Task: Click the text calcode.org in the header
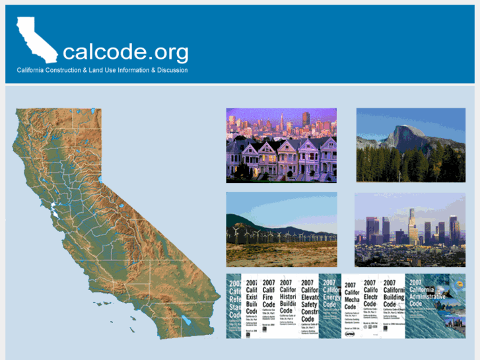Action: click(x=125, y=52)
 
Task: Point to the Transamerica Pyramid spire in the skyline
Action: click(x=280, y=121)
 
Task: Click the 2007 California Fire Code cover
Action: click(x=269, y=306)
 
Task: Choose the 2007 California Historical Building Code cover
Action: click(x=288, y=306)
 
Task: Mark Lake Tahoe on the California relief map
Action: click(x=100, y=178)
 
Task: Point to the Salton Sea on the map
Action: click(x=187, y=322)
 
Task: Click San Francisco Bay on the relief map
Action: click(x=51, y=213)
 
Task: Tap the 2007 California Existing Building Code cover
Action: click(x=250, y=306)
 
